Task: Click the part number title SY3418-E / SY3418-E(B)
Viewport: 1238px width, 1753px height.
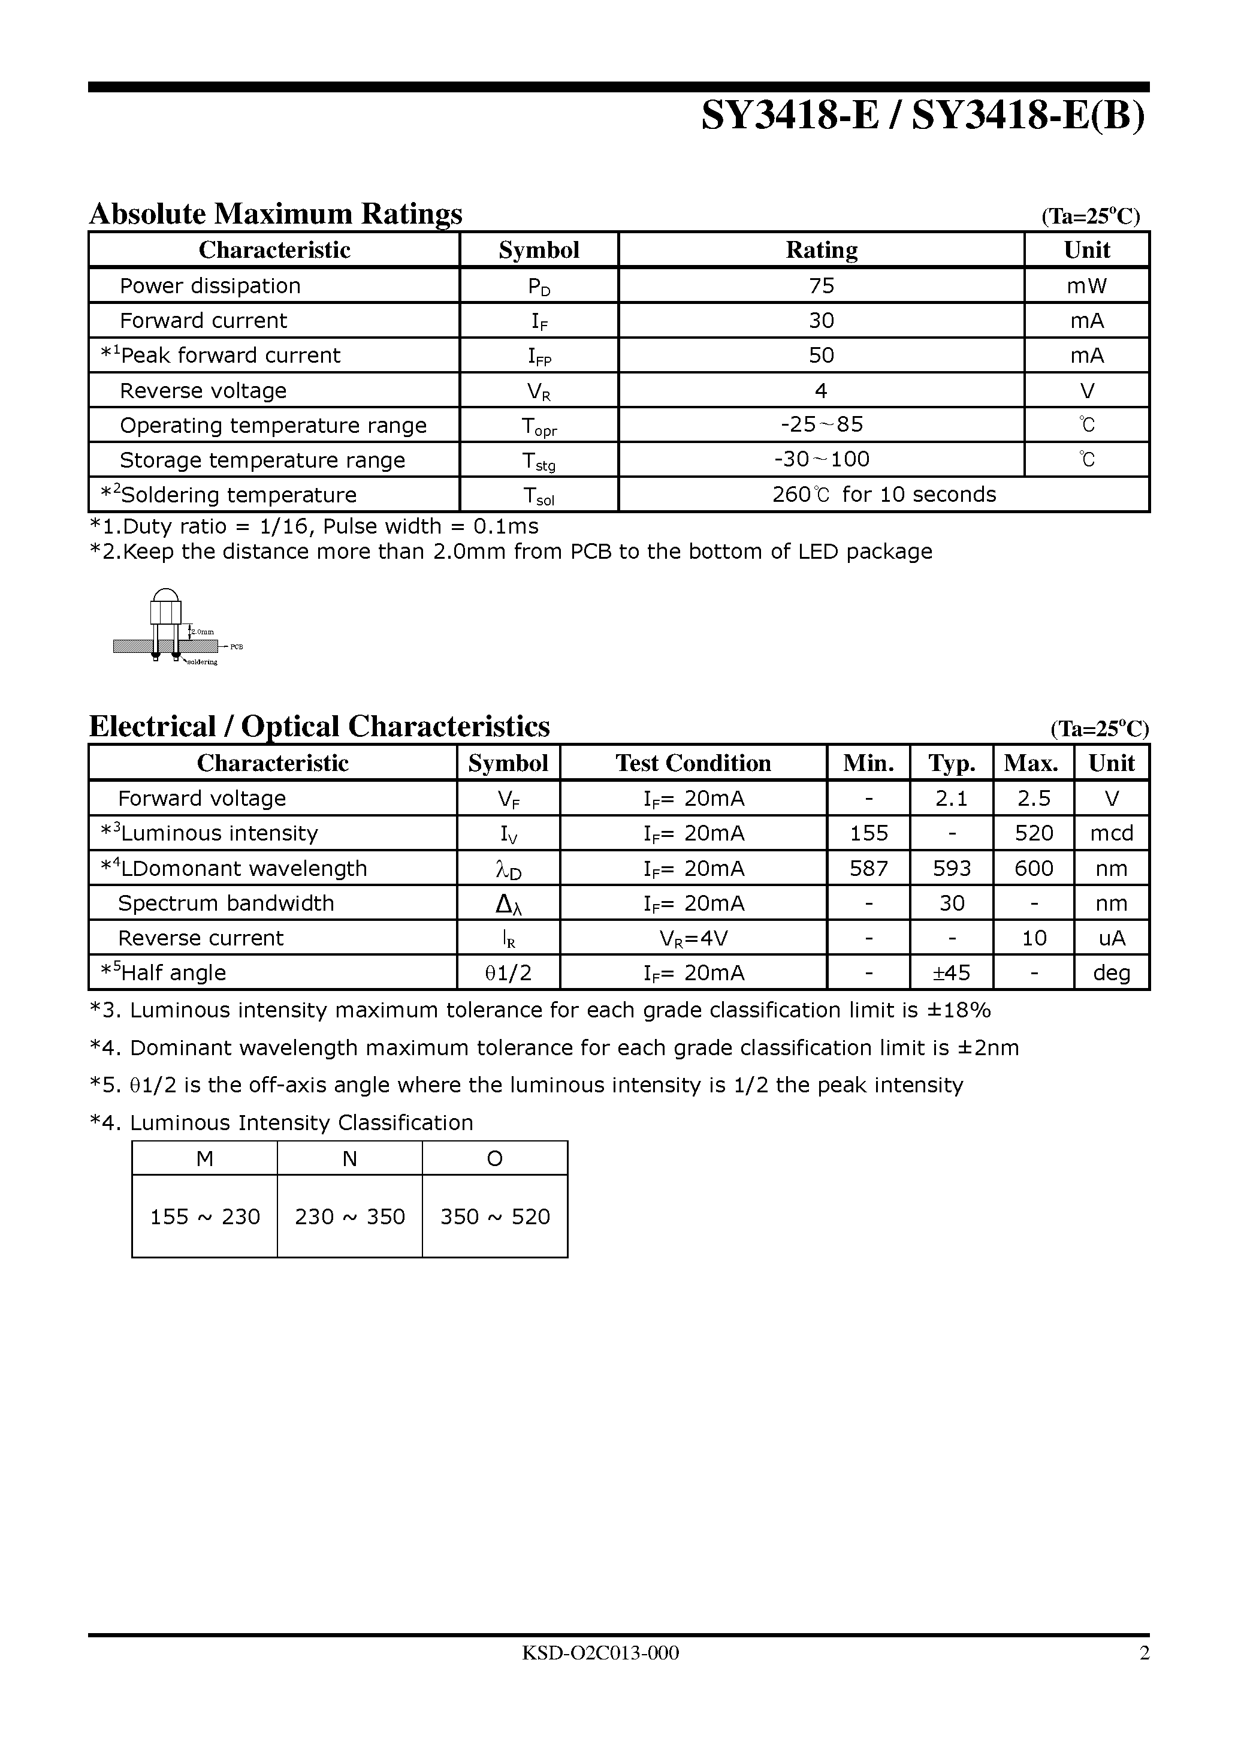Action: (923, 118)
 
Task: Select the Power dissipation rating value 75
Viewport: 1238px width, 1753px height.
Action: (822, 285)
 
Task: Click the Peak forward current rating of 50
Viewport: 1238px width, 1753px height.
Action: (822, 355)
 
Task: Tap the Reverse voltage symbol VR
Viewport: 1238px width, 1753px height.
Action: (539, 391)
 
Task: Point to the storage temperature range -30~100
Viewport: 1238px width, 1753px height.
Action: (822, 459)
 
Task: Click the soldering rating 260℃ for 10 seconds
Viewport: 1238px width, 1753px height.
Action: (884, 495)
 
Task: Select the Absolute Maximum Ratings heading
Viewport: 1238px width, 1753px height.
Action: (276, 214)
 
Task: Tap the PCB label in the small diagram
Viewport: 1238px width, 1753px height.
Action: (236, 647)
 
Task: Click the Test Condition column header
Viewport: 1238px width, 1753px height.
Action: (693, 763)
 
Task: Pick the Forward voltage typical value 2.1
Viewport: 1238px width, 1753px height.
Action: (951, 799)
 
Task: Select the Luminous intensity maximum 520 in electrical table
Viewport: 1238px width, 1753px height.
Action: (1034, 833)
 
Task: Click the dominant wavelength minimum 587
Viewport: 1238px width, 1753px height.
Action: (869, 868)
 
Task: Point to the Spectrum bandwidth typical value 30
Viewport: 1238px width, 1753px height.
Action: (951, 903)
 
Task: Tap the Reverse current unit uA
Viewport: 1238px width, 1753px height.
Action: (1112, 938)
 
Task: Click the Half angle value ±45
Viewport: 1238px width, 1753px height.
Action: (951, 972)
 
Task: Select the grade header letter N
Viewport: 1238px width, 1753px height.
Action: (349, 1159)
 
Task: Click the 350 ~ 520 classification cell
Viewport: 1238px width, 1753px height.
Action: (494, 1216)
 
